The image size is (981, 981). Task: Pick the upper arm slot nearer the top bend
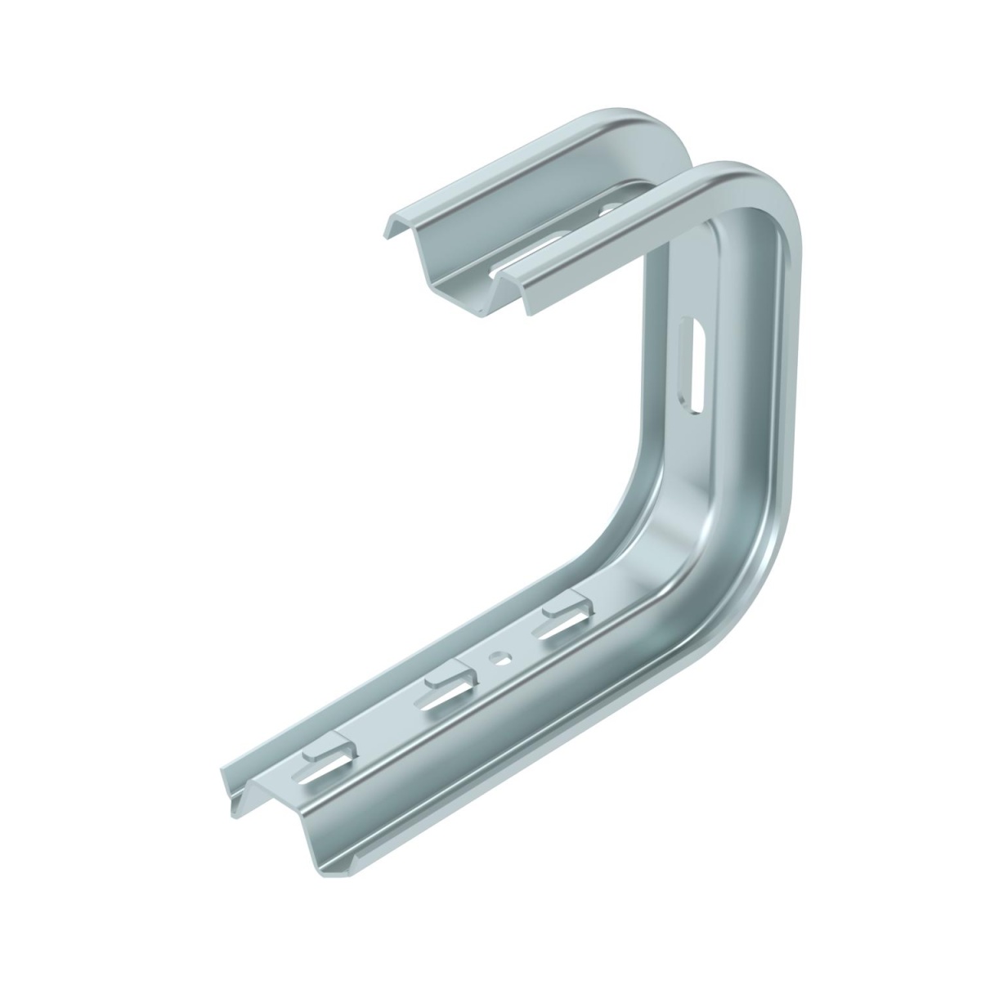609,210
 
